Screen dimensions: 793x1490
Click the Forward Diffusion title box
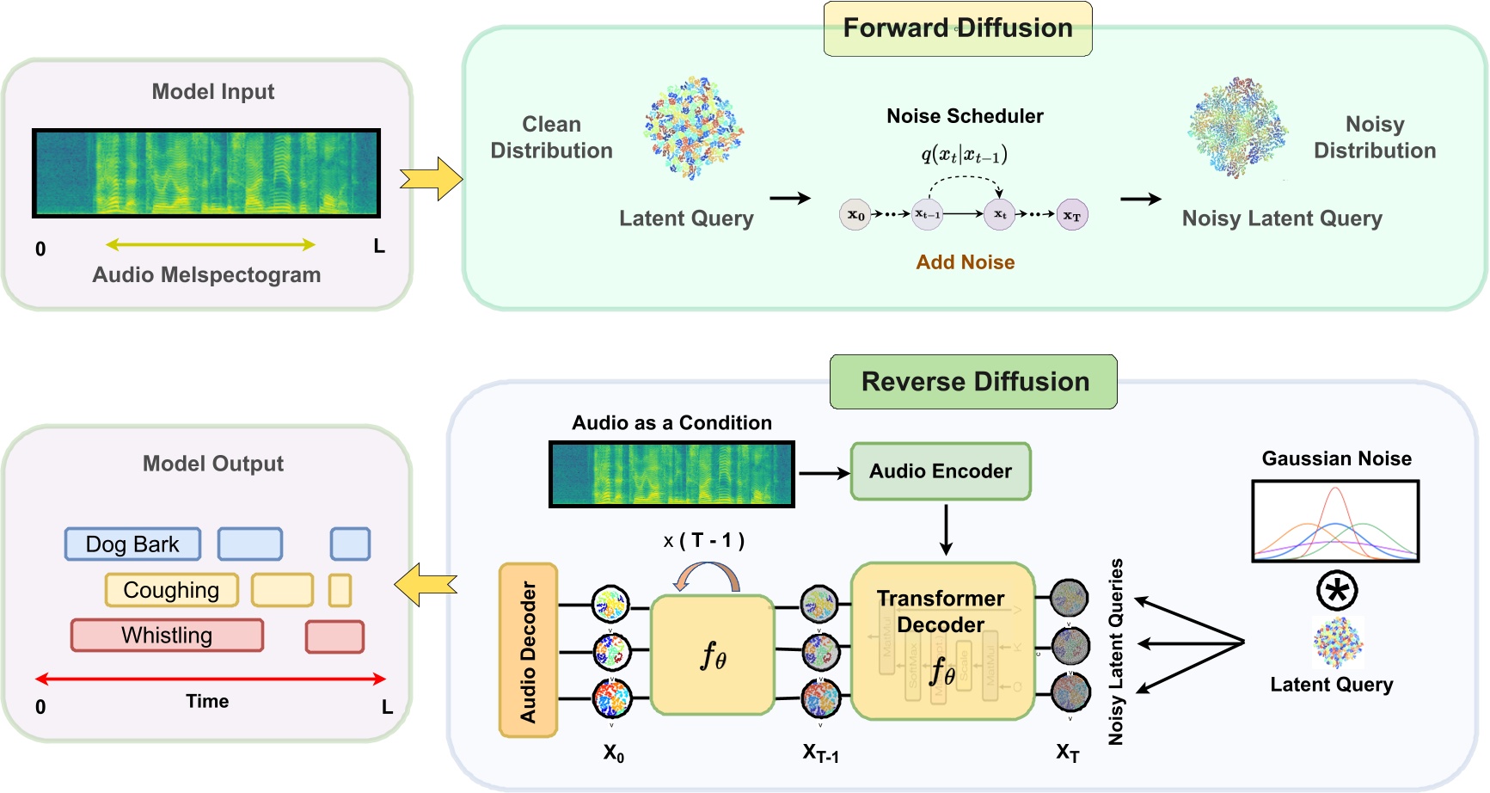click(x=957, y=29)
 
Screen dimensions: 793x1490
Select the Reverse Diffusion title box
click(x=973, y=382)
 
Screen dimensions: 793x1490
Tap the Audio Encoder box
click(x=940, y=471)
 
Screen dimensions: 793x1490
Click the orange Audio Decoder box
click(x=528, y=650)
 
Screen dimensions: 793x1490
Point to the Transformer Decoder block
click(x=941, y=641)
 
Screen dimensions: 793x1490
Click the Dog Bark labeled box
click(x=132, y=544)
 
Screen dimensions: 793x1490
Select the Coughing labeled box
click(x=171, y=590)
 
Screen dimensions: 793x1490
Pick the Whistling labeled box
click(x=167, y=636)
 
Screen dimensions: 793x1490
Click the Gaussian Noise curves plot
click(x=1334, y=521)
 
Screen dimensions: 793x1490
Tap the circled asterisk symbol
click(x=1337, y=591)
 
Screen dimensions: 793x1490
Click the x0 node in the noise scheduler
click(x=855, y=215)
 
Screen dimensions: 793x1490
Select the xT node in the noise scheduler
click(x=1071, y=215)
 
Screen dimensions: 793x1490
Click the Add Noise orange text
click(x=965, y=262)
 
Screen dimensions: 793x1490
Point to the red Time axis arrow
click(x=210, y=679)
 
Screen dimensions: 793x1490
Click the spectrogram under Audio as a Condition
click(x=671, y=474)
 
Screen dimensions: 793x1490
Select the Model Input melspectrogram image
click(x=206, y=173)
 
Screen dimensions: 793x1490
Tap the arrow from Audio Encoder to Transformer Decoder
click(x=946, y=529)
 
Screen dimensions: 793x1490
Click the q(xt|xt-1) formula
click(x=964, y=155)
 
